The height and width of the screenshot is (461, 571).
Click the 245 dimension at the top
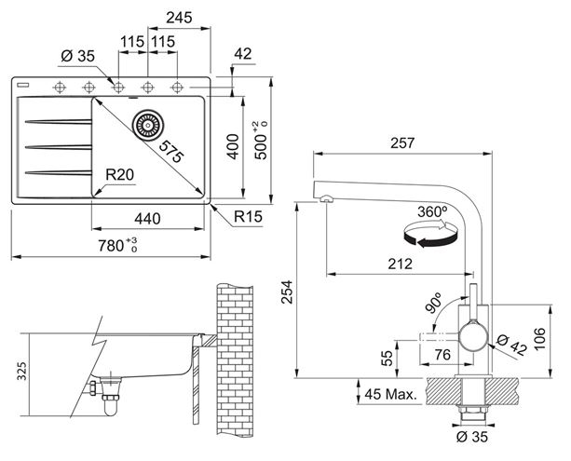pyautogui.click(x=179, y=18)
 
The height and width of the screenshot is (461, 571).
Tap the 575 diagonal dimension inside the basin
pyautogui.click(x=170, y=152)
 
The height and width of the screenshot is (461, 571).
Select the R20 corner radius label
pyautogui.click(x=120, y=175)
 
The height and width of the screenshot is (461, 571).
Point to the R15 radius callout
pyautogui.click(x=248, y=217)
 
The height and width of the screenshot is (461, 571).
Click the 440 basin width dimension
pyautogui.click(x=147, y=219)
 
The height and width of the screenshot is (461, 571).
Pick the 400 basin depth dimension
pyautogui.click(x=233, y=146)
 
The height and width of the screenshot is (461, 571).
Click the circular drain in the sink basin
pyautogui.click(x=148, y=125)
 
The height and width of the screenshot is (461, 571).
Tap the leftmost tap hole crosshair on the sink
pyautogui.click(x=60, y=88)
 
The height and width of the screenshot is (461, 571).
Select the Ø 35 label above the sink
pyautogui.click(x=78, y=56)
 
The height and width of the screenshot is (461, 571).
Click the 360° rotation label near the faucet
pyautogui.click(x=432, y=211)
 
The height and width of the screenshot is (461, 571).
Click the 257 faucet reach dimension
pyautogui.click(x=402, y=143)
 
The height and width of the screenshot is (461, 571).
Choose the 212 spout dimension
pyautogui.click(x=400, y=264)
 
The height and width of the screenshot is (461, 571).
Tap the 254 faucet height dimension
pyautogui.click(x=287, y=292)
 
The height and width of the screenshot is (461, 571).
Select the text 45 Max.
pyautogui.click(x=390, y=394)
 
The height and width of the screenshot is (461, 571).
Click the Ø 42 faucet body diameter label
pyautogui.click(x=512, y=345)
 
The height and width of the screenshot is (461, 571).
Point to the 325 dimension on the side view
pyautogui.click(x=22, y=371)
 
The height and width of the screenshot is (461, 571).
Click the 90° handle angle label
pyautogui.click(x=433, y=303)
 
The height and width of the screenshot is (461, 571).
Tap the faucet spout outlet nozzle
pyautogui.click(x=326, y=198)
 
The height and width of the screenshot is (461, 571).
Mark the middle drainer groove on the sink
pyautogui.click(x=59, y=147)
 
